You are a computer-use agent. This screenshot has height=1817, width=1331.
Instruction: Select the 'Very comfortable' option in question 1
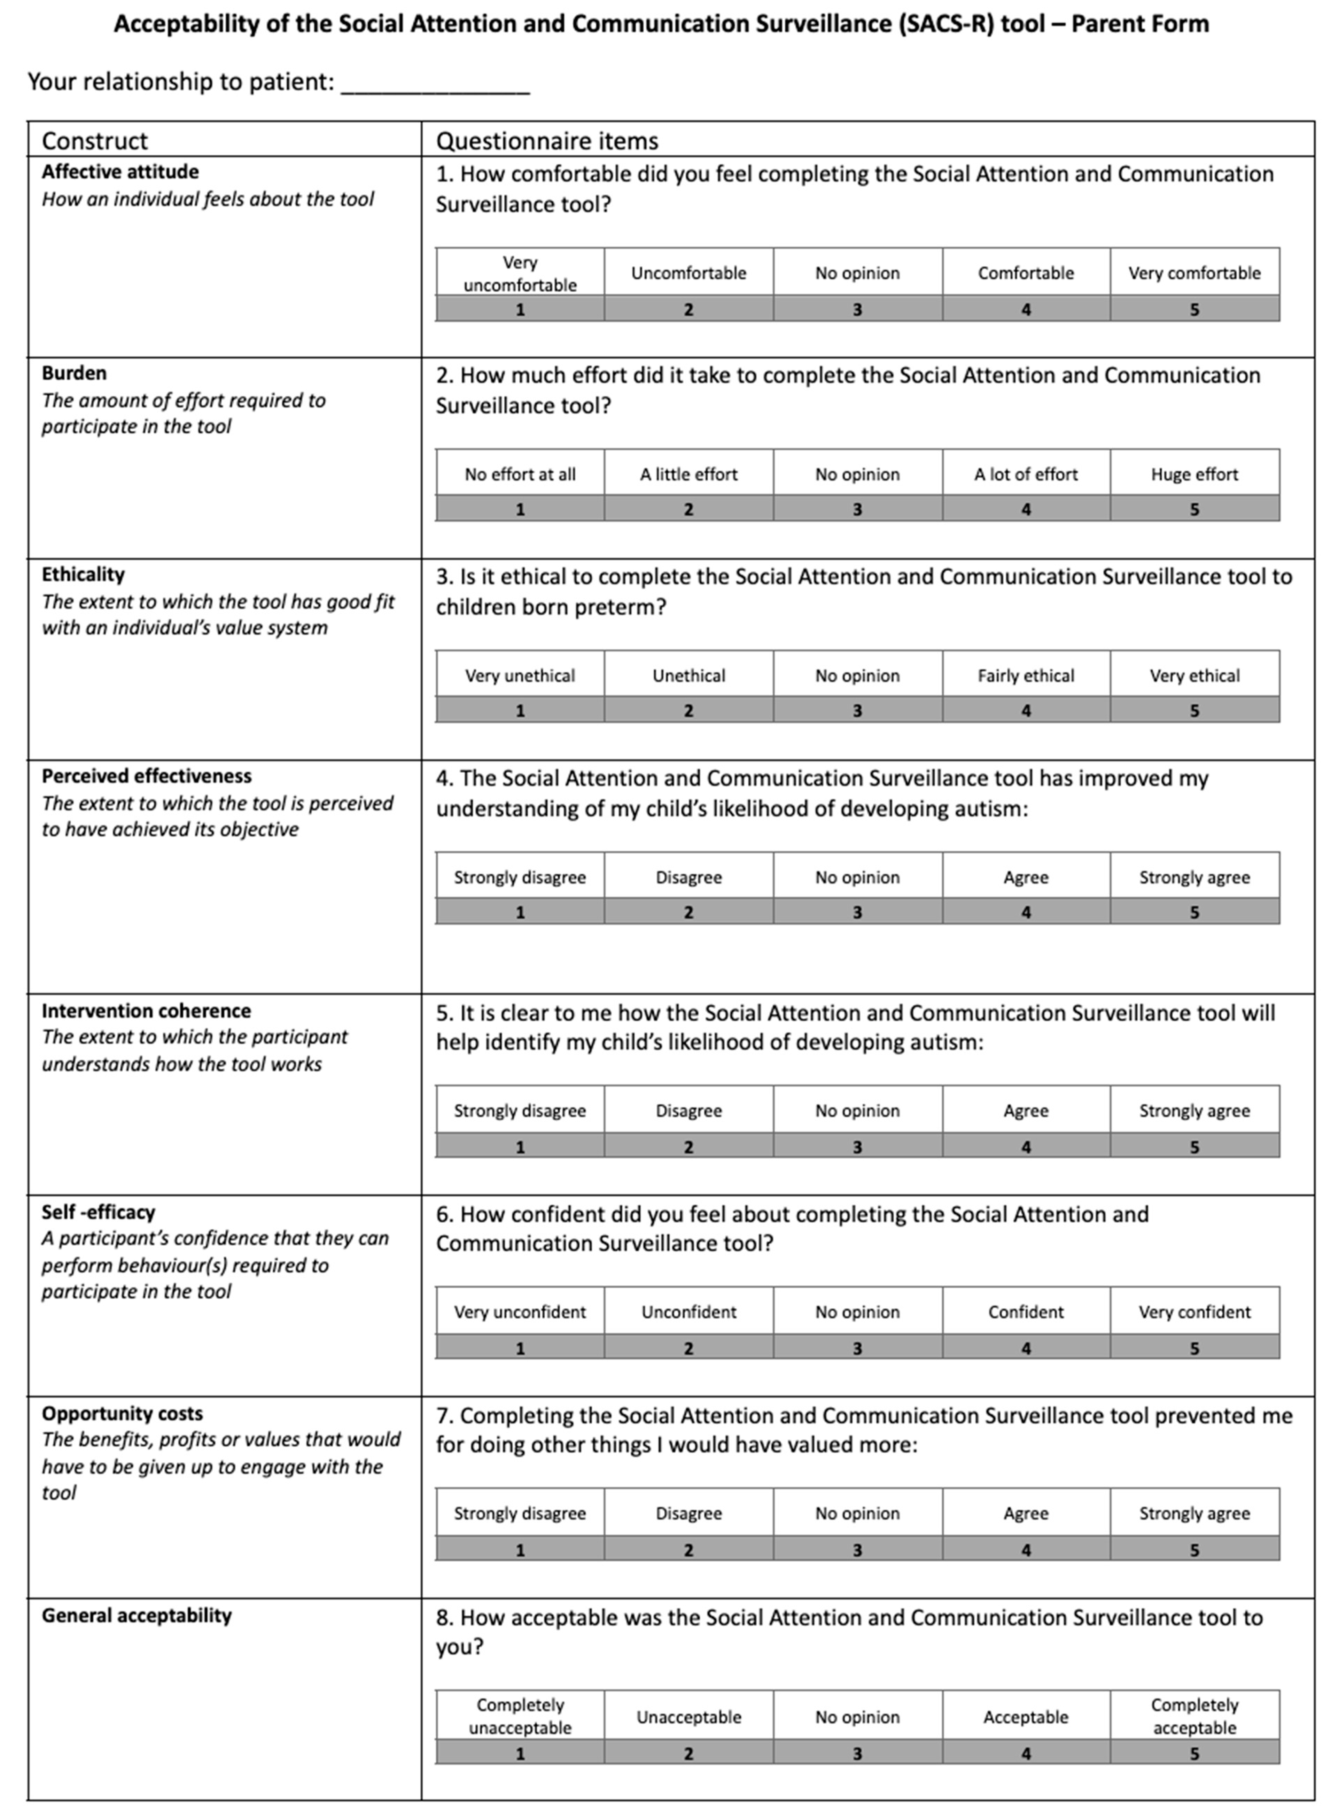[x=1194, y=273]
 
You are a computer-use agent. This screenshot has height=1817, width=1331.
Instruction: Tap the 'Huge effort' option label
[x=1194, y=474]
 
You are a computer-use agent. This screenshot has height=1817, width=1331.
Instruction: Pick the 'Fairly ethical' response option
[x=1026, y=676]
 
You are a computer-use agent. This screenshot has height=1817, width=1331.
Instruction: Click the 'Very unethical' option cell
[x=520, y=676]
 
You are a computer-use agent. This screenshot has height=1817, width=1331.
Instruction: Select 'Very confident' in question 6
[x=1194, y=1312]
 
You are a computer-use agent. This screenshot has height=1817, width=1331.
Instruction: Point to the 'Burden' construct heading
[x=74, y=373]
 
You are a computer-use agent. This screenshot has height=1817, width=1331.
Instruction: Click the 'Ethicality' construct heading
[x=83, y=574]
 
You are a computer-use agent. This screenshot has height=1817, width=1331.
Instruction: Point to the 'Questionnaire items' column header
[x=547, y=141]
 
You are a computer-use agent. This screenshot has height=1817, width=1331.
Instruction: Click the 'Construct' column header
[x=94, y=141]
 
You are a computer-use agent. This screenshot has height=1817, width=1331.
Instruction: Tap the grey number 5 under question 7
[x=1194, y=1549]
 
